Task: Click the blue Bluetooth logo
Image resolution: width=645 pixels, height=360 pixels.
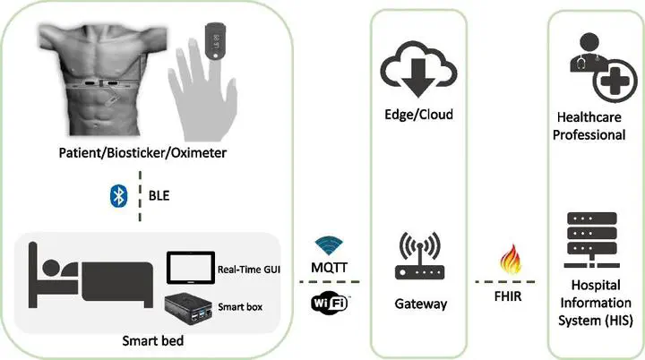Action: point(119,196)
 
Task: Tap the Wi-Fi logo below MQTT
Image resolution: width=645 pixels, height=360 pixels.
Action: point(330,304)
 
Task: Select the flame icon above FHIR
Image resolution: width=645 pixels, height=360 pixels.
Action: point(511,259)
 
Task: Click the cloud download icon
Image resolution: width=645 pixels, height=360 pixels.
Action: point(418,68)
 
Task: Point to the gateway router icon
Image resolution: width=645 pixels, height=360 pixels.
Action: point(419,256)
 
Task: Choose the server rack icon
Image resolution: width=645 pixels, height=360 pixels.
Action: point(591,240)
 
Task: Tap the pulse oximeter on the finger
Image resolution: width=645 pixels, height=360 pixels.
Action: point(215,40)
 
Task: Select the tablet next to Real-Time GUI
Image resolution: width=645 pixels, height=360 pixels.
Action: point(191,268)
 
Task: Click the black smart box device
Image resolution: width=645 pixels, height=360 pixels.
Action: point(189,308)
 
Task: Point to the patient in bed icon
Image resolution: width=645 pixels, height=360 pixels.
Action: point(90,275)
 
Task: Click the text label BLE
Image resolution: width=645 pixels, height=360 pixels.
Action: point(159,195)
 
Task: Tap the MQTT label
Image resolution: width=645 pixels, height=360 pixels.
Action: point(329,268)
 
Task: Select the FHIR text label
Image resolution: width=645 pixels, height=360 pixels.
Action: point(508,296)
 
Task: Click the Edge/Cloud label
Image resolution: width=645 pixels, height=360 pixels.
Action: point(418,115)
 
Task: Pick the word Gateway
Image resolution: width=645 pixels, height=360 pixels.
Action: point(420,304)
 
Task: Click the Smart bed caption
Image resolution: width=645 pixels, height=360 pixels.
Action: point(153,340)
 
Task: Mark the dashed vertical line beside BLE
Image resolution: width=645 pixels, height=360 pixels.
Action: point(140,196)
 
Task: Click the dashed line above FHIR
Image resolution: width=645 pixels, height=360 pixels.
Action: point(505,282)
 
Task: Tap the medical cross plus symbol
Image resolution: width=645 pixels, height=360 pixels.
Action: point(615,81)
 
